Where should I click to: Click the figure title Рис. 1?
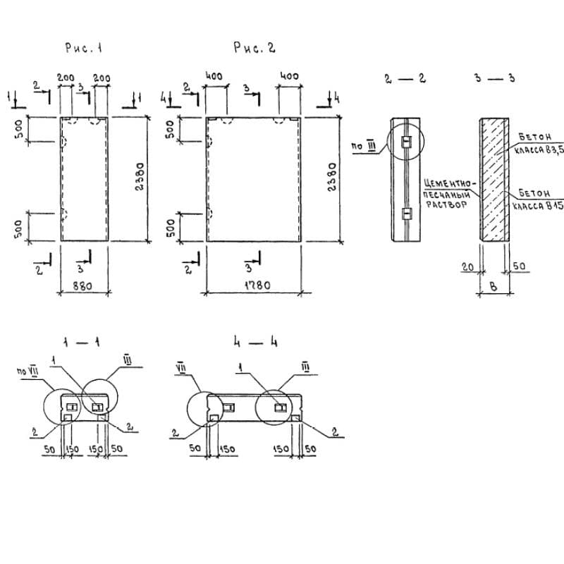(84, 49)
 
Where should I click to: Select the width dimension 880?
(84, 286)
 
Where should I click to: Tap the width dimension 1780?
(254, 286)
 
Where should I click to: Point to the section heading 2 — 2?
(405, 78)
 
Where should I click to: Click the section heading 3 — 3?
(494, 78)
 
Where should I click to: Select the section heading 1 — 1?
(84, 343)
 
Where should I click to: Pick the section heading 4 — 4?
(255, 343)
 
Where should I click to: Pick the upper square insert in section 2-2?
(405, 142)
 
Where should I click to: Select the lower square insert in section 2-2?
(405, 213)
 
